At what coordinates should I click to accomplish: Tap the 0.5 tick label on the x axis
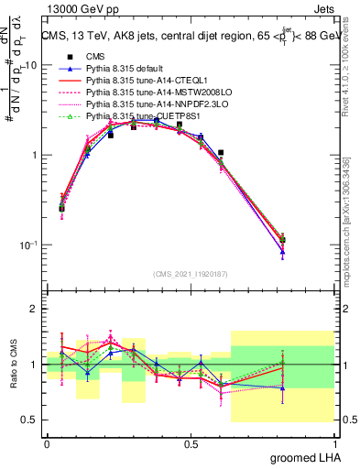[x=191, y=443]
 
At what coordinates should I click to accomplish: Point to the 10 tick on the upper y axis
[x=31, y=65]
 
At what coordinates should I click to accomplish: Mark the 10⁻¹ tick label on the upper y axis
[x=29, y=245]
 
